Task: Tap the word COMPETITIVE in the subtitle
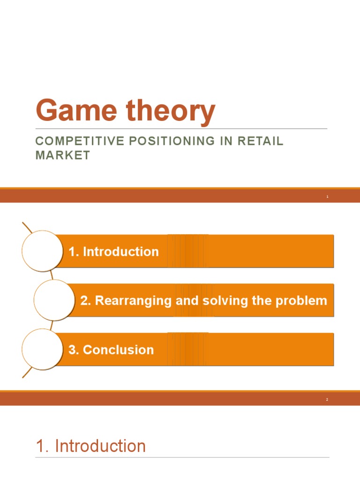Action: (x=74, y=142)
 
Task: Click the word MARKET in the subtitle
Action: (x=63, y=155)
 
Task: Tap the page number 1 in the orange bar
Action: (x=327, y=197)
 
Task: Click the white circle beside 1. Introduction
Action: (x=42, y=251)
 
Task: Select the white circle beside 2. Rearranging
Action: (x=54, y=300)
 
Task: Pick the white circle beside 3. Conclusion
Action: (x=42, y=349)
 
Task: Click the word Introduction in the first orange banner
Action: (x=120, y=252)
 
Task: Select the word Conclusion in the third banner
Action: (x=118, y=350)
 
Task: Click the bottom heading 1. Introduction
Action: (x=91, y=446)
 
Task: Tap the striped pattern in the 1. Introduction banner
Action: (x=187, y=251)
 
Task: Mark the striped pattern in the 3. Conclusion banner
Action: (x=187, y=349)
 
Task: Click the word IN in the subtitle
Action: (x=222, y=142)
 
